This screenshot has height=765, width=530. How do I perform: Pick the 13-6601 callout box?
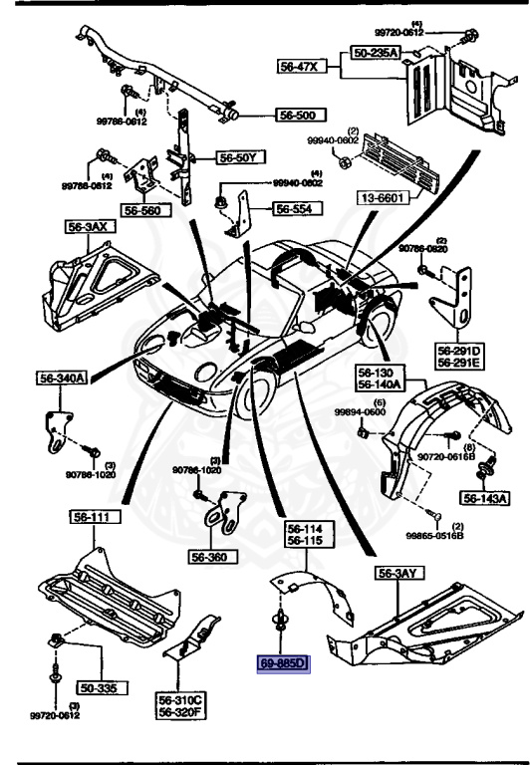(381, 199)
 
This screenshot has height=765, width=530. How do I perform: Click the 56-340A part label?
(63, 378)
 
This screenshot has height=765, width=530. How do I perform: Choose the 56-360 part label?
(239, 560)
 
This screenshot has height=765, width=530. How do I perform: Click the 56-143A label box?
(484, 498)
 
